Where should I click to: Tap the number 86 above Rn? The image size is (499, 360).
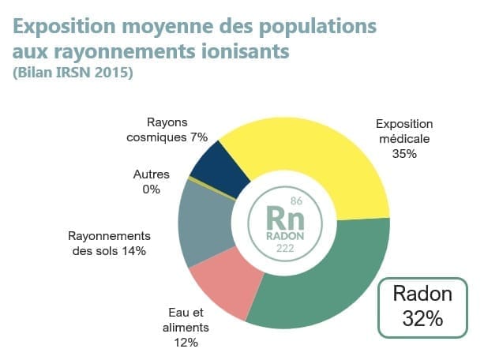[296, 201]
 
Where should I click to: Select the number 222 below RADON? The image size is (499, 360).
[285, 249]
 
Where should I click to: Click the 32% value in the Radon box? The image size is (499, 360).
[421, 319]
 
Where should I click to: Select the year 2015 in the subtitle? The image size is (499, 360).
[112, 73]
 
